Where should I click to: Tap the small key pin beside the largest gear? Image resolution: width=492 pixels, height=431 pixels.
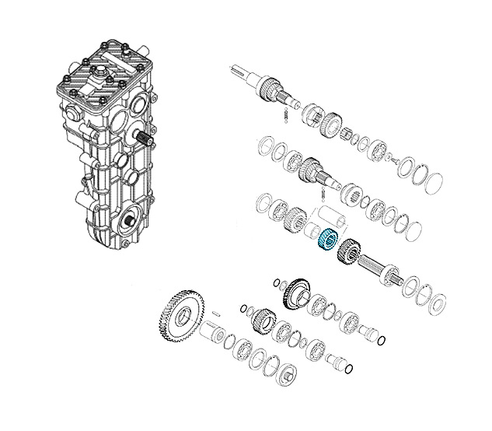[x=215, y=314]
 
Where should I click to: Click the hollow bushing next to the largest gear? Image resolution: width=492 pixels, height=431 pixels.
[x=212, y=335]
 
